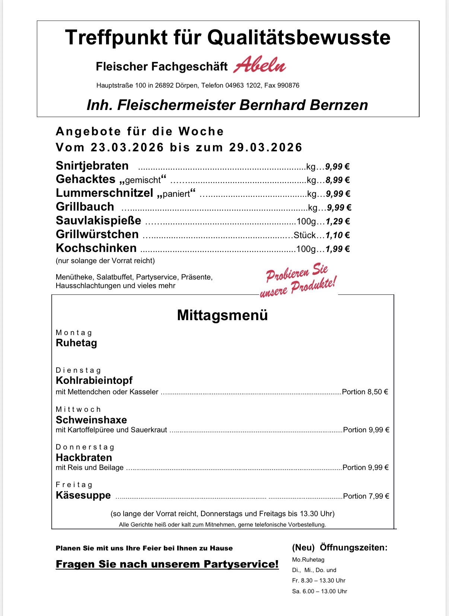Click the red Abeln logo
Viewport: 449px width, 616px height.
(259, 65)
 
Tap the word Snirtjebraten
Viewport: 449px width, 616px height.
(92, 166)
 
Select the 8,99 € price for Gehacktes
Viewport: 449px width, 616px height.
(338, 180)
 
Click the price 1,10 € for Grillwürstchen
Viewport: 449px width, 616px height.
(338, 235)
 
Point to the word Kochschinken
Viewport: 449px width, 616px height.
(96, 248)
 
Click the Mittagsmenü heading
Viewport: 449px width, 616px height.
(222, 315)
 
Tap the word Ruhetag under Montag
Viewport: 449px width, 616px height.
(76, 343)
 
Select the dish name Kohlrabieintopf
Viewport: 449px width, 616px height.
(94, 380)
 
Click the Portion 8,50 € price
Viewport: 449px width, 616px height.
(365, 392)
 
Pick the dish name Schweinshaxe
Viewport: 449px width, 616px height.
(91, 420)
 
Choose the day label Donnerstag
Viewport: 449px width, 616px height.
(85, 447)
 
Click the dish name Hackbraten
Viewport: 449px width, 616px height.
(84, 458)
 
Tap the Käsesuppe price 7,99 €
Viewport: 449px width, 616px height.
(379, 496)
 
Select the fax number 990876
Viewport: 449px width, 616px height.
(288, 86)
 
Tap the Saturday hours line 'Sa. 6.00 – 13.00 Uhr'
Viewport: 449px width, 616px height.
(319, 591)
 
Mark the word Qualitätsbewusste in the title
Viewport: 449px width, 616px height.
(299, 38)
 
